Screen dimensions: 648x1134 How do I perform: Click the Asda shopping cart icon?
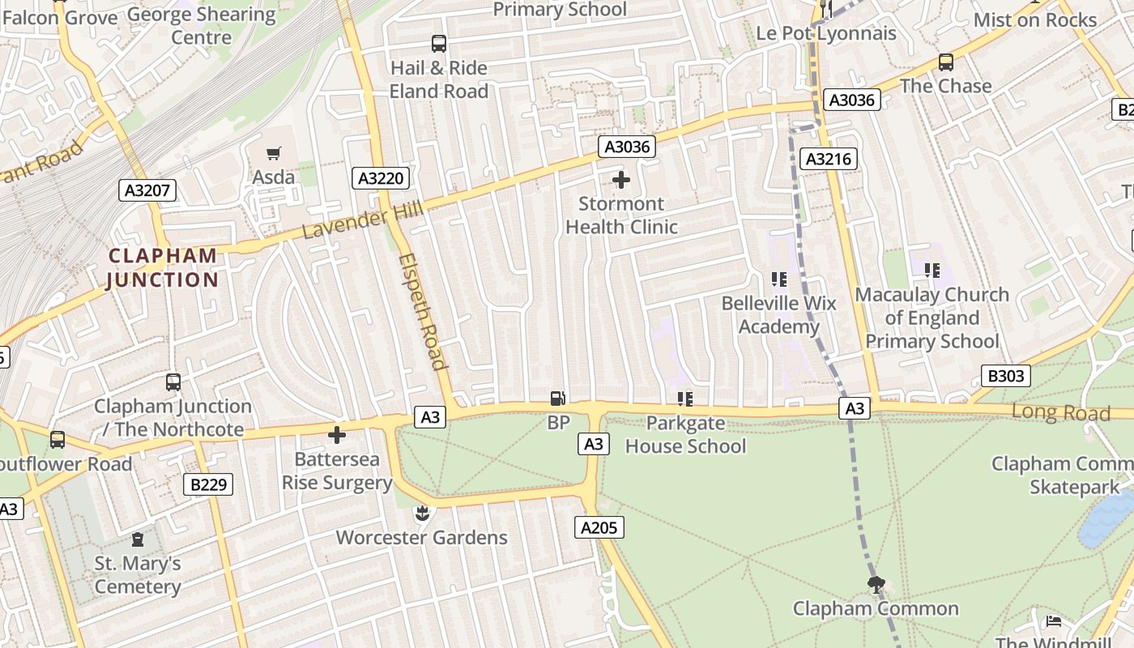click(274, 153)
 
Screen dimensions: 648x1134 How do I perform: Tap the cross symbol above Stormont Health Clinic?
click(621, 180)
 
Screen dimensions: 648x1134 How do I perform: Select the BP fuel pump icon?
click(558, 398)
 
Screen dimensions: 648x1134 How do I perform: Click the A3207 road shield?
click(147, 190)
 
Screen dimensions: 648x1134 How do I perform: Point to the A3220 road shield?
click(380, 177)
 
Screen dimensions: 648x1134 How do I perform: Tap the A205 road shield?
click(599, 527)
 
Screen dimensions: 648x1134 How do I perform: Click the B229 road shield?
click(208, 484)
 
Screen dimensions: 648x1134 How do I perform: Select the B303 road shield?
click(1007, 375)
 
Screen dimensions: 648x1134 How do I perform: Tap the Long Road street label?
click(1060, 412)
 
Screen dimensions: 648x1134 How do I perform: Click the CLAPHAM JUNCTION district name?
click(163, 268)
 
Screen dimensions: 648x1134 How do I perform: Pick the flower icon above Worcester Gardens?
click(421, 513)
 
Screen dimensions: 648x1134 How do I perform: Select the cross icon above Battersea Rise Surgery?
click(337, 436)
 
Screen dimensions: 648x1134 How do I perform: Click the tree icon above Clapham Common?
click(876, 584)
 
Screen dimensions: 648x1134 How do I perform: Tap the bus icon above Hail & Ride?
click(439, 44)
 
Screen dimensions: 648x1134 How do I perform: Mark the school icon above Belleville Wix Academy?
click(779, 279)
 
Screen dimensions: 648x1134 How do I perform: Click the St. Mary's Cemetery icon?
click(138, 539)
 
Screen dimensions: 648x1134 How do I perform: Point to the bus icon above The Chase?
click(945, 62)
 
